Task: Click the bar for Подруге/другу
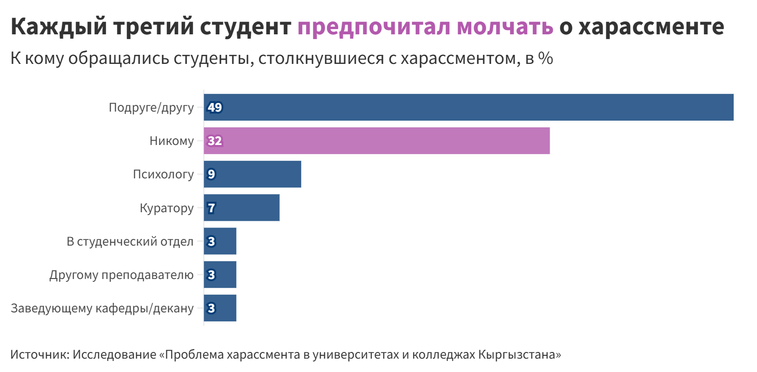pyautogui.click(x=469, y=107)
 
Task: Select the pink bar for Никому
pyautogui.click(x=377, y=141)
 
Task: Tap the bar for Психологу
pyautogui.click(x=253, y=174)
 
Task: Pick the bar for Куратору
pyautogui.click(x=242, y=207)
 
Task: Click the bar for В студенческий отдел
pyautogui.click(x=220, y=241)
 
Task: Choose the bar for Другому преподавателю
pyautogui.click(x=220, y=275)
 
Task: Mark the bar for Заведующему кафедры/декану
pyautogui.click(x=220, y=308)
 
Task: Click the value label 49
pyautogui.click(x=215, y=107)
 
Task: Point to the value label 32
pyautogui.click(x=215, y=141)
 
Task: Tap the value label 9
pyautogui.click(x=211, y=174)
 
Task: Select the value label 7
pyautogui.click(x=211, y=208)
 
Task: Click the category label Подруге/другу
pyautogui.click(x=151, y=108)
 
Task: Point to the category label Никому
pyautogui.click(x=172, y=141)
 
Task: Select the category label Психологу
pyautogui.click(x=163, y=175)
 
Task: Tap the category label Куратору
pyautogui.click(x=166, y=208)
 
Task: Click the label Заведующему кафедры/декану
pyautogui.click(x=102, y=309)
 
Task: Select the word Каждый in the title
pyautogui.click(x=59, y=27)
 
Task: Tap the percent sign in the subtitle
pyautogui.click(x=545, y=59)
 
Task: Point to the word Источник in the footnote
pyautogui.click(x=40, y=355)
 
